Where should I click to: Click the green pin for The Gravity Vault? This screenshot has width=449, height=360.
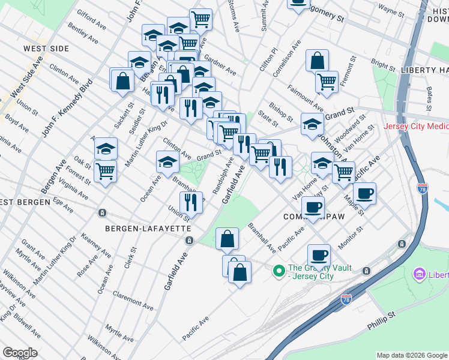point(278,272)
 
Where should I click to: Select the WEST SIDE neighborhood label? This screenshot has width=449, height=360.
point(43,48)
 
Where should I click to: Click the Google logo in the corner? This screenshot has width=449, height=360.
point(20,353)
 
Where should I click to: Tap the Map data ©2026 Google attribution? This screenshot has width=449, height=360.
point(411,355)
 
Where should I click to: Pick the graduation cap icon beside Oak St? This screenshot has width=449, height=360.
point(106,148)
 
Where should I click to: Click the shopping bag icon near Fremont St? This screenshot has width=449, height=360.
point(317,60)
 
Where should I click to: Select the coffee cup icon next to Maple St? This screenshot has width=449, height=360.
point(364,193)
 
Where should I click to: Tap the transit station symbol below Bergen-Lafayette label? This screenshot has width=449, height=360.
point(189,241)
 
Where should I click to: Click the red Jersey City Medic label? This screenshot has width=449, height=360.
point(416,128)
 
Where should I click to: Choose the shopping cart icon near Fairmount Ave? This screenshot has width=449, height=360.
point(327,81)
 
